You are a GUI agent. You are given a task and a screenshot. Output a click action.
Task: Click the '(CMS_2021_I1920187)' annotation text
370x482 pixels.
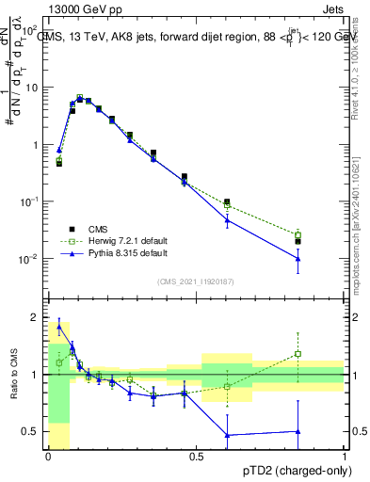pyautogui.click(x=197, y=281)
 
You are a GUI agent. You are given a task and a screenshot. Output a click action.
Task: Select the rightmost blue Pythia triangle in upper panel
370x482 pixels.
pyautogui.click(x=298, y=258)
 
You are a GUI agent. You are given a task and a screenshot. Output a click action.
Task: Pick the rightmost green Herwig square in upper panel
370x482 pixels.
pyautogui.click(x=298, y=234)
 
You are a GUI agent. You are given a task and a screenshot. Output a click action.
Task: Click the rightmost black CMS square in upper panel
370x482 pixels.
pyautogui.click(x=298, y=241)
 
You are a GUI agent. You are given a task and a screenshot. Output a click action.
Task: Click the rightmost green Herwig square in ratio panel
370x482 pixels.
pyautogui.click(x=298, y=354)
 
